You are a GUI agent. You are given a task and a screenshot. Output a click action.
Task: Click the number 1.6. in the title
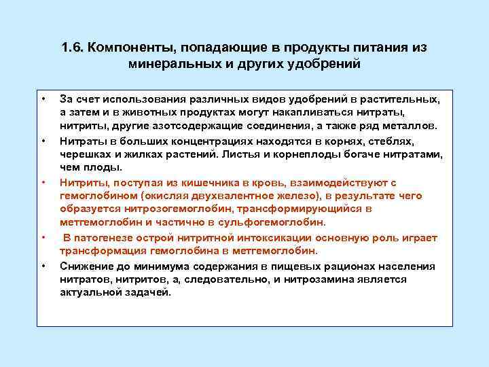[73, 49]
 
